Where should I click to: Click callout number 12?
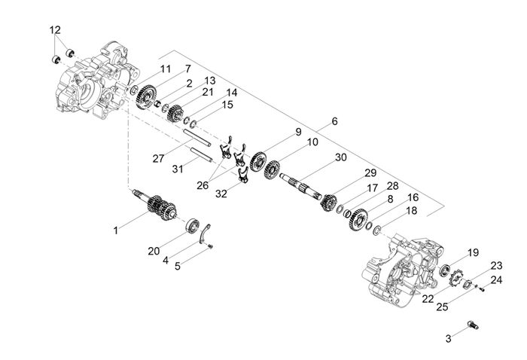[x=55, y=29]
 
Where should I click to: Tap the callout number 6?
[x=334, y=121]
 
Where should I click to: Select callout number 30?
[x=341, y=157]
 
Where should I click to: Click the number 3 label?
[x=448, y=339]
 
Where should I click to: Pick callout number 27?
[x=158, y=159]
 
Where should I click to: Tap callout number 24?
[x=496, y=279]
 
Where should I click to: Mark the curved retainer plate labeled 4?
[x=209, y=233]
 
